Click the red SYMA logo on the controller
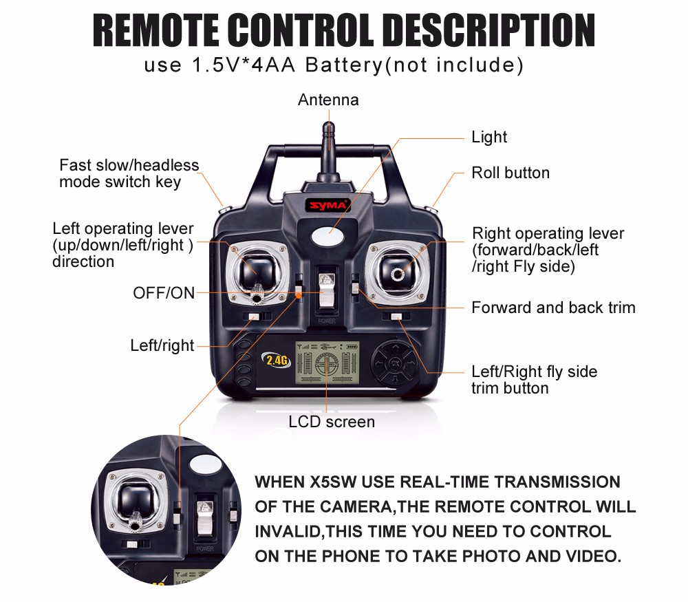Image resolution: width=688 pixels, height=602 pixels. [x=328, y=205]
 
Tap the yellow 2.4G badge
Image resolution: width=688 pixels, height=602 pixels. [x=277, y=361]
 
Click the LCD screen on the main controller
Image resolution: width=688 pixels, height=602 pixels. [x=327, y=363]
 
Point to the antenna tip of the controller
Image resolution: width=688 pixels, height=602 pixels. [x=329, y=126]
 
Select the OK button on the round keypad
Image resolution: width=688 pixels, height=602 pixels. [x=396, y=363]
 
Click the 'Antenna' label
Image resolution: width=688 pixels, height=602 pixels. [x=328, y=100]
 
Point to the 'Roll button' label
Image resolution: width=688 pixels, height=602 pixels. [x=510, y=173]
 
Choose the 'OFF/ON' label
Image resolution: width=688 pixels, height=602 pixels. [x=164, y=293]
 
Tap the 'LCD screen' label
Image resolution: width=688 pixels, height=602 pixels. [x=332, y=422]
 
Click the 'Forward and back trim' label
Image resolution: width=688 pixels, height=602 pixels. [x=553, y=308]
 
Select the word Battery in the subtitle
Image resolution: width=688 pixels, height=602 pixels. [x=344, y=65]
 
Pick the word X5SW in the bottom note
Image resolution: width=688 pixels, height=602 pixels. [x=333, y=482]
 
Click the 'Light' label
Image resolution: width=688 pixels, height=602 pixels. [x=489, y=137]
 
